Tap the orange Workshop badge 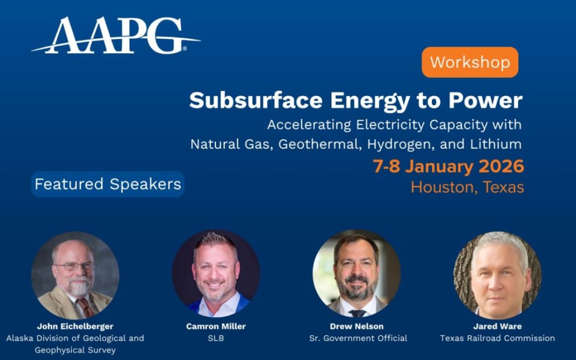click(470, 62)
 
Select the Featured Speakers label click(108, 185)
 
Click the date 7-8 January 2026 click(448, 166)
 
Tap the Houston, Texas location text click(467, 187)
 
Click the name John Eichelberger click(75, 326)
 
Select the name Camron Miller click(215, 326)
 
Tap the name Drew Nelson click(357, 326)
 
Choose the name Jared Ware click(497, 326)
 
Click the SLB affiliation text click(215, 338)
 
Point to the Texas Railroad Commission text click(497, 338)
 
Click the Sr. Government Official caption click(358, 338)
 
